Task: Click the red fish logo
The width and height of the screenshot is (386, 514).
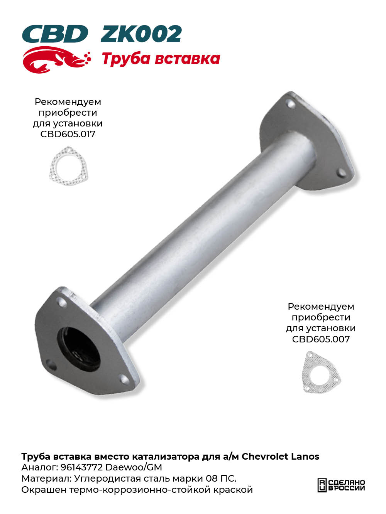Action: [56, 59]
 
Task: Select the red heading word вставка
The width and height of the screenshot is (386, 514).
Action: [187, 59]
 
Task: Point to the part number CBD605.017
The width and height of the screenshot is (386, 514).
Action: [68, 134]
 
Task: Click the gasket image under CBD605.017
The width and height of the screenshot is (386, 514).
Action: [68, 166]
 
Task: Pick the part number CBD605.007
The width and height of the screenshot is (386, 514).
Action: [321, 339]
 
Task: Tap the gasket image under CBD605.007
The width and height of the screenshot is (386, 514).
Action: [321, 372]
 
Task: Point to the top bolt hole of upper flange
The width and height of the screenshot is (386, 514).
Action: [291, 104]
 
